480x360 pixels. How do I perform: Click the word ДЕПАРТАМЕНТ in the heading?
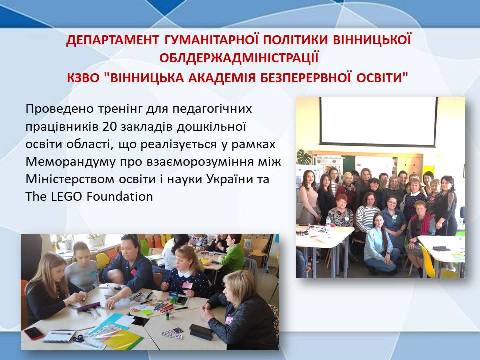coord(112,40)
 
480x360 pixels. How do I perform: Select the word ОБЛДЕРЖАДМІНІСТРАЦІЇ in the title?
coord(239,58)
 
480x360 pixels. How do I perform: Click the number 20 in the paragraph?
coord(110,126)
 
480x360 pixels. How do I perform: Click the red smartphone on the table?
coord(33,333)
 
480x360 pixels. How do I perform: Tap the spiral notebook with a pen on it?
coord(59,336)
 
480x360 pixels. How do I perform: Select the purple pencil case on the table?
coord(88,306)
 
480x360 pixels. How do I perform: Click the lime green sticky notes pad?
coord(147,313)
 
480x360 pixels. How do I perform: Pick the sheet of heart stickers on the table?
coord(172,333)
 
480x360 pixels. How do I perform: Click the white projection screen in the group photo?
coord(379,121)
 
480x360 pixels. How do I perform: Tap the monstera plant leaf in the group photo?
coord(304,156)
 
